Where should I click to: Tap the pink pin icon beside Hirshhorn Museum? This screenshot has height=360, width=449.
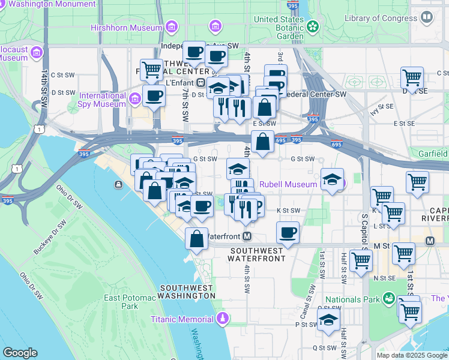tap(172, 27)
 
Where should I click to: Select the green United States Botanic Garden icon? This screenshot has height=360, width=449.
tap(313, 26)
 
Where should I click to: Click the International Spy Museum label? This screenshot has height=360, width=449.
tap(103, 100)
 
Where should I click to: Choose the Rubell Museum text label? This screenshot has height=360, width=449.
tap(288, 184)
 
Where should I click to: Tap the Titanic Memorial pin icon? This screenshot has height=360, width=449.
tap(223, 317)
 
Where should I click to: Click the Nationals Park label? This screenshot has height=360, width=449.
tap(352, 299)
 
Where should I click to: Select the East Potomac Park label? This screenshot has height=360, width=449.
tap(121, 302)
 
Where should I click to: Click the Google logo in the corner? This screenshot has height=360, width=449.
tap(20, 353)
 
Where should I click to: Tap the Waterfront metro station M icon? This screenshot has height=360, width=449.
tap(246, 236)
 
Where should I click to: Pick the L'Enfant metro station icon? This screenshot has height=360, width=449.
tap(202, 82)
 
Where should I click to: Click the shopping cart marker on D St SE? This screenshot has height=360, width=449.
tap(412, 77)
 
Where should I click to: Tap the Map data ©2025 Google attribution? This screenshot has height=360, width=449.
tap(412, 355)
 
